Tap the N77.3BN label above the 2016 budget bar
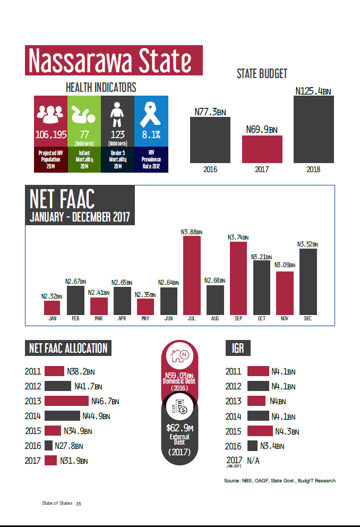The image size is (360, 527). click(210, 112)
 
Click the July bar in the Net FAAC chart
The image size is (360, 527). click(192, 275)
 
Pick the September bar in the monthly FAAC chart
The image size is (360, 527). click(238, 278)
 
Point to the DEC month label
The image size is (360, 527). click(308, 319)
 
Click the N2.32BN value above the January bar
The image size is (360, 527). click(52, 296)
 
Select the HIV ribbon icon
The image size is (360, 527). click(151, 113)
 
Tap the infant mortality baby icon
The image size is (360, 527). click(84, 113)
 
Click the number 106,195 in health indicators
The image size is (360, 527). click(51, 134)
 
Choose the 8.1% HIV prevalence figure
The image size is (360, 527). click(151, 134)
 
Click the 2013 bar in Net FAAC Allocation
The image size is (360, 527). click(66, 401)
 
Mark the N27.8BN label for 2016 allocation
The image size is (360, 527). click(68, 446)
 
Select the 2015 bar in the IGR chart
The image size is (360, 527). click(260, 431)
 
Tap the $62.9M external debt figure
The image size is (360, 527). click(179, 428)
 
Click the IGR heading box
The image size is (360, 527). click(238, 348)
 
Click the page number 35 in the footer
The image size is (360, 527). click(79, 503)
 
